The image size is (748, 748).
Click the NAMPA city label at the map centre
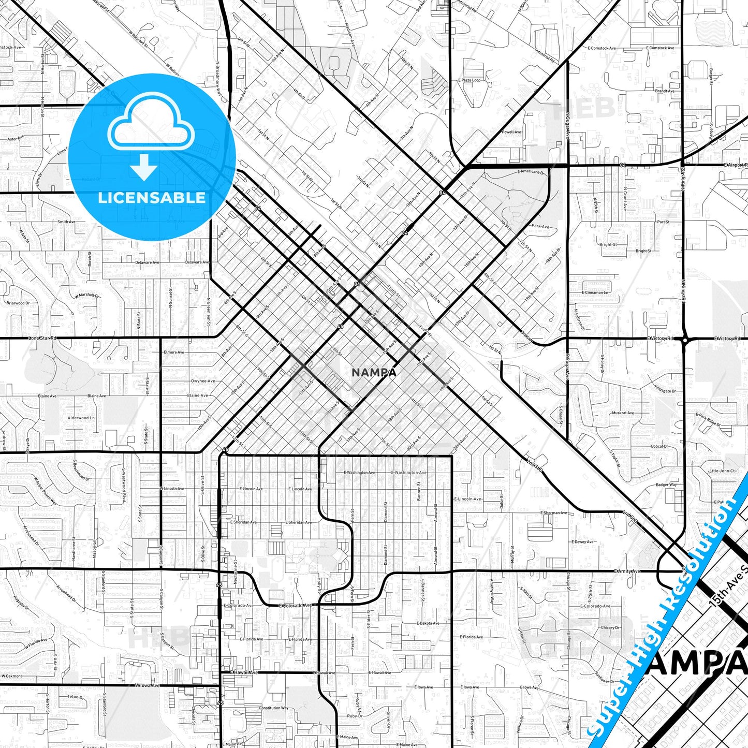[x=374, y=372]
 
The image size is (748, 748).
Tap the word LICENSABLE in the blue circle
[x=152, y=198]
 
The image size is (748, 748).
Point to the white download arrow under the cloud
[x=144, y=167]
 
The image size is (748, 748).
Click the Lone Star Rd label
[x=42, y=338]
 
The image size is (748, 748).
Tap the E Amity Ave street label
[x=627, y=571]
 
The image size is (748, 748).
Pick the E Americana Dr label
[x=531, y=172]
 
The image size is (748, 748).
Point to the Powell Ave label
[x=511, y=132]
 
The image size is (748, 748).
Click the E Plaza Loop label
[x=469, y=80]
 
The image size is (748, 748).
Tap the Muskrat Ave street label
[x=623, y=413]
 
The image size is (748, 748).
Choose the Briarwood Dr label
[x=18, y=303]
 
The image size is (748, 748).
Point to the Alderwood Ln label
[x=81, y=418]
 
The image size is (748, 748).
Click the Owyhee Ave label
[x=202, y=381]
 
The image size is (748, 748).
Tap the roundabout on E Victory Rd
[x=684, y=340]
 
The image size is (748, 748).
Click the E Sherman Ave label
[x=554, y=512]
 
